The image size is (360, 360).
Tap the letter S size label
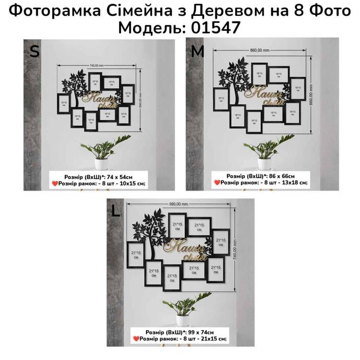[34, 51]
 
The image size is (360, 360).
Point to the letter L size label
[115, 211]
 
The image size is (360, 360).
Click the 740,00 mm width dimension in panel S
[96, 64]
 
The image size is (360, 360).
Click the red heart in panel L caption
[136, 339]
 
